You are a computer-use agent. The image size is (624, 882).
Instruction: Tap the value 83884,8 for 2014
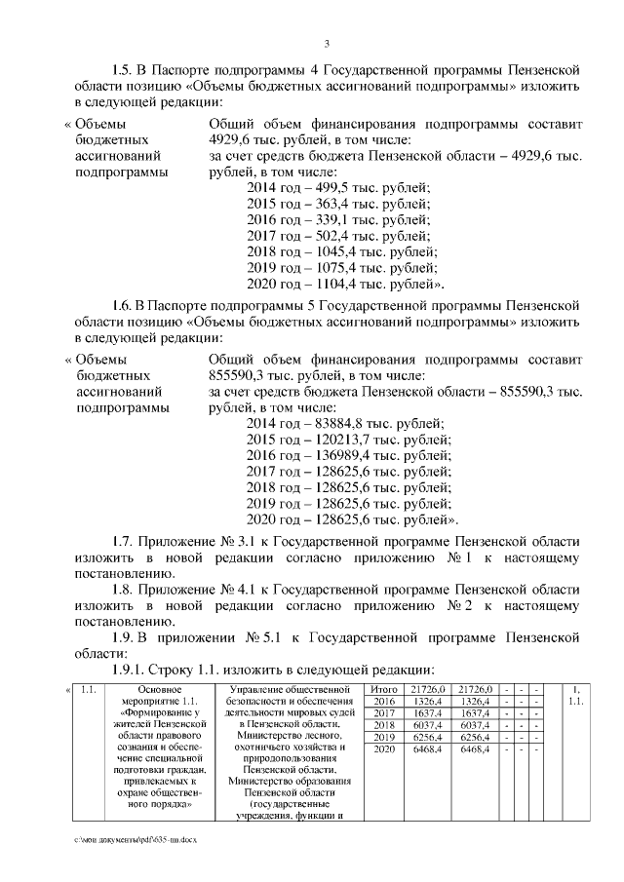[x=334, y=423]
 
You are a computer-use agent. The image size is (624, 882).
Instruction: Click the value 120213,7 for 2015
[x=338, y=439]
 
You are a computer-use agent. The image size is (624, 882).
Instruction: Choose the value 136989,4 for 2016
[x=338, y=455]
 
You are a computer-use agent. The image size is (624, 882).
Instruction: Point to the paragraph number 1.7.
[x=126, y=541]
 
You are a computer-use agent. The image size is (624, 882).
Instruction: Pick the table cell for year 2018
[x=384, y=725]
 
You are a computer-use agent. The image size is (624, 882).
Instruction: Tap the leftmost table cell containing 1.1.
[x=89, y=690]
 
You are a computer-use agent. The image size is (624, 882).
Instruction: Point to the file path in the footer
[x=135, y=839]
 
